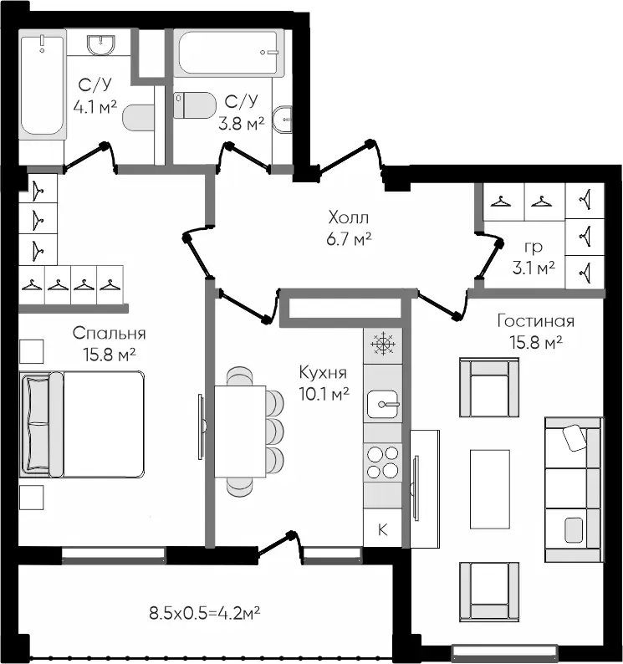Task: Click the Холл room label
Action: [x=349, y=217]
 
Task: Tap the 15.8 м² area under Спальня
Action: [x=110, y=355]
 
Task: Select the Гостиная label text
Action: [x=536, y=321]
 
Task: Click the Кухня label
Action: [x=323, y=373]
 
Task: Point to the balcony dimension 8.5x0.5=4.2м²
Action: [x=205, y=613]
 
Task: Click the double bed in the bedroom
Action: [x=82, y=425]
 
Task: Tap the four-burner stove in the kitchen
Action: [x=382, y=462]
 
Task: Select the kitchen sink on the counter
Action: [x=382, y=405]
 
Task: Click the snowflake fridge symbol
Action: [x=382, y=343]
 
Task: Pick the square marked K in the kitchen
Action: [x=382, y=529]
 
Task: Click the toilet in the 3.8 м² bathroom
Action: [x=195, y=105]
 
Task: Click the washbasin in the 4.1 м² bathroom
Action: [x=101, y=45]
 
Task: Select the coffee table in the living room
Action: [x=489, y=489]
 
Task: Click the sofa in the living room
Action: [x=574, y=489]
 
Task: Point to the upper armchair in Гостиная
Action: [x=489, y=387]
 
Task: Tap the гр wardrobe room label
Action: [x=534, y=247]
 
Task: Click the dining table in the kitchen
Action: [x=240, y=432]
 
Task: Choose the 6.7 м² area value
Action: [x=349, y=240]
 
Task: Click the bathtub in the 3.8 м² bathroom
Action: [x=231, y=53]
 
